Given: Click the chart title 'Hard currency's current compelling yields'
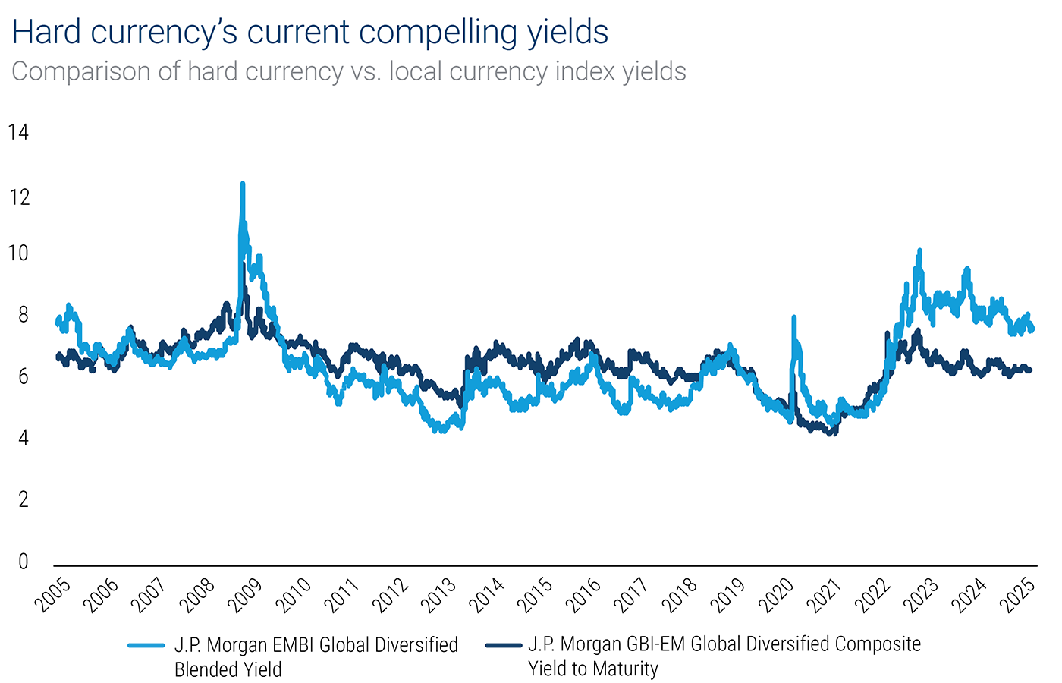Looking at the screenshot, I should pos(309,32).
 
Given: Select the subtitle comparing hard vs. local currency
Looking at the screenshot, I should pos(348,71).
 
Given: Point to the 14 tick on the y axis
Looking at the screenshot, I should pos(18,133).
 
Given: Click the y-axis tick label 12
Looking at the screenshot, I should pos(18,197).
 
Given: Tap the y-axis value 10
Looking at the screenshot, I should pos(18,253).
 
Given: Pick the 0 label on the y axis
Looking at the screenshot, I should pos(23,561).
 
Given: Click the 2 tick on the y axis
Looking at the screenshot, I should pos(23,499).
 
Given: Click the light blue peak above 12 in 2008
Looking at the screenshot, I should pos(243,184).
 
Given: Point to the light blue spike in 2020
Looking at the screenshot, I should pos(793,319).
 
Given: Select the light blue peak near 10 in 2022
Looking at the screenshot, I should pos(919,251).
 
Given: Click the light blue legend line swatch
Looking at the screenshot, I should pos(146,646).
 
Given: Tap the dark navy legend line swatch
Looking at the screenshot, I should pos(503,646).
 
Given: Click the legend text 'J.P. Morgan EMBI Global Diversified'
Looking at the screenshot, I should pos(316,645).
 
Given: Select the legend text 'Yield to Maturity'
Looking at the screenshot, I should pos(593,669).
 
